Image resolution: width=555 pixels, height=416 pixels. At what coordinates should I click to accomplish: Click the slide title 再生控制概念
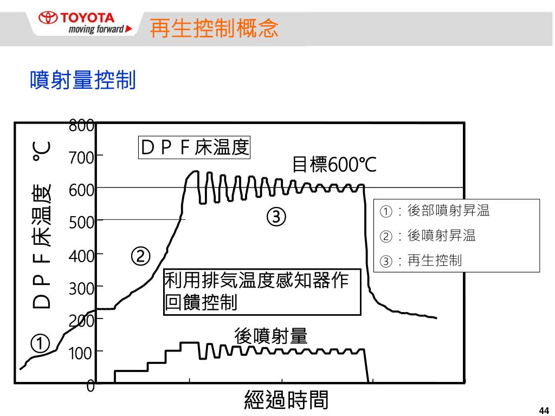(214, 28)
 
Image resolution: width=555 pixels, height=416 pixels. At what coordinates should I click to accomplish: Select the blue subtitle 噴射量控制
(82, 80)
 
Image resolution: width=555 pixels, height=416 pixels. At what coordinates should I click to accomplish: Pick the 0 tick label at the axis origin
(91, 386)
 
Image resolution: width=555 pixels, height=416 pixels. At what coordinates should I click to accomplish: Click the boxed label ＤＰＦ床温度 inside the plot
(194, 147)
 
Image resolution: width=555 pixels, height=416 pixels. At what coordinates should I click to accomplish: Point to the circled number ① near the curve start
(40, 343)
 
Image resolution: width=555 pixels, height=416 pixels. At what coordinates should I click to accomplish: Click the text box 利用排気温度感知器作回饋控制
(262, 292)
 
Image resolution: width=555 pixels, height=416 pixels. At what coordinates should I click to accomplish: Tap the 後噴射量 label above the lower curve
(271, 336)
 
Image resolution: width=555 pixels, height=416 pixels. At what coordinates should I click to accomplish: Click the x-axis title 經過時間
(287, 400)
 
